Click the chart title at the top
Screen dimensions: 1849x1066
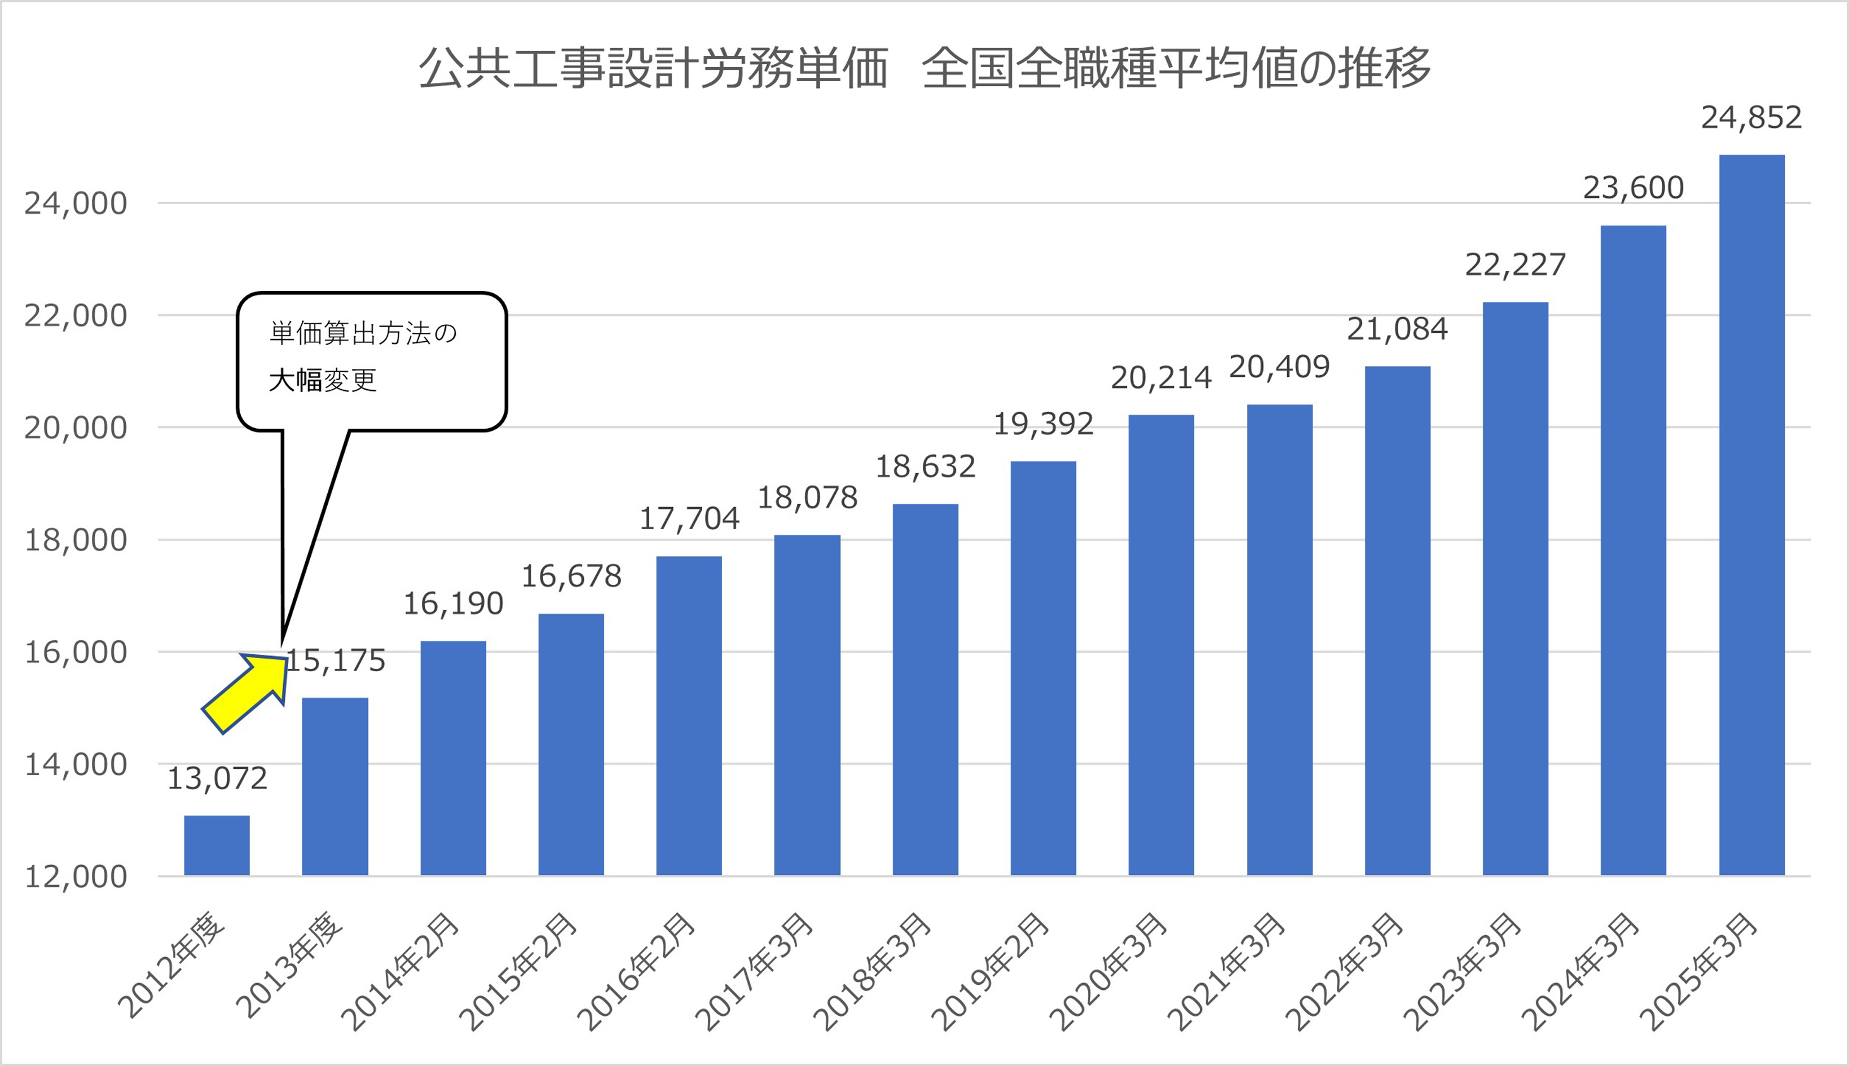click(x=924, y=68)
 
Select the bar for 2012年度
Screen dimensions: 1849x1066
click(x=217, y=845)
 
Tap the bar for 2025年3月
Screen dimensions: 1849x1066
click(x=1751, y=515)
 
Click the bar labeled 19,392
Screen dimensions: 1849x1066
click(x=1043, y=668)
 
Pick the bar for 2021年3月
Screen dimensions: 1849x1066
click(x=1279, y=640)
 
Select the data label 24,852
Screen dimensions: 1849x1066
click(x=1751, y=118)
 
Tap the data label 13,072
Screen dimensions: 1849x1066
click(x=217, y=779)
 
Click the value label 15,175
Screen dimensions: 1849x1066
click(x=335, y=661)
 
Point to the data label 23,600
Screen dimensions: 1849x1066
click(x=1633, y=188)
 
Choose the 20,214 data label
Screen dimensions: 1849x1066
click(x=1161, y=378)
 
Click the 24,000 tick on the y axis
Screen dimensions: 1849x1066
click(x=76, y=204)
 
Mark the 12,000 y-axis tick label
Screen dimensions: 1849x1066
click(x=76, y=876)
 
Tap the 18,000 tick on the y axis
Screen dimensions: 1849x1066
click(x=76, y=540)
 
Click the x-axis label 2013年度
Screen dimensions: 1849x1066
click(x=289, y=966)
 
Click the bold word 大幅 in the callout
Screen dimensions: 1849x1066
click(x=295, y=380)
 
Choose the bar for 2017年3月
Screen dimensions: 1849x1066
click(x=807, y=705)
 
